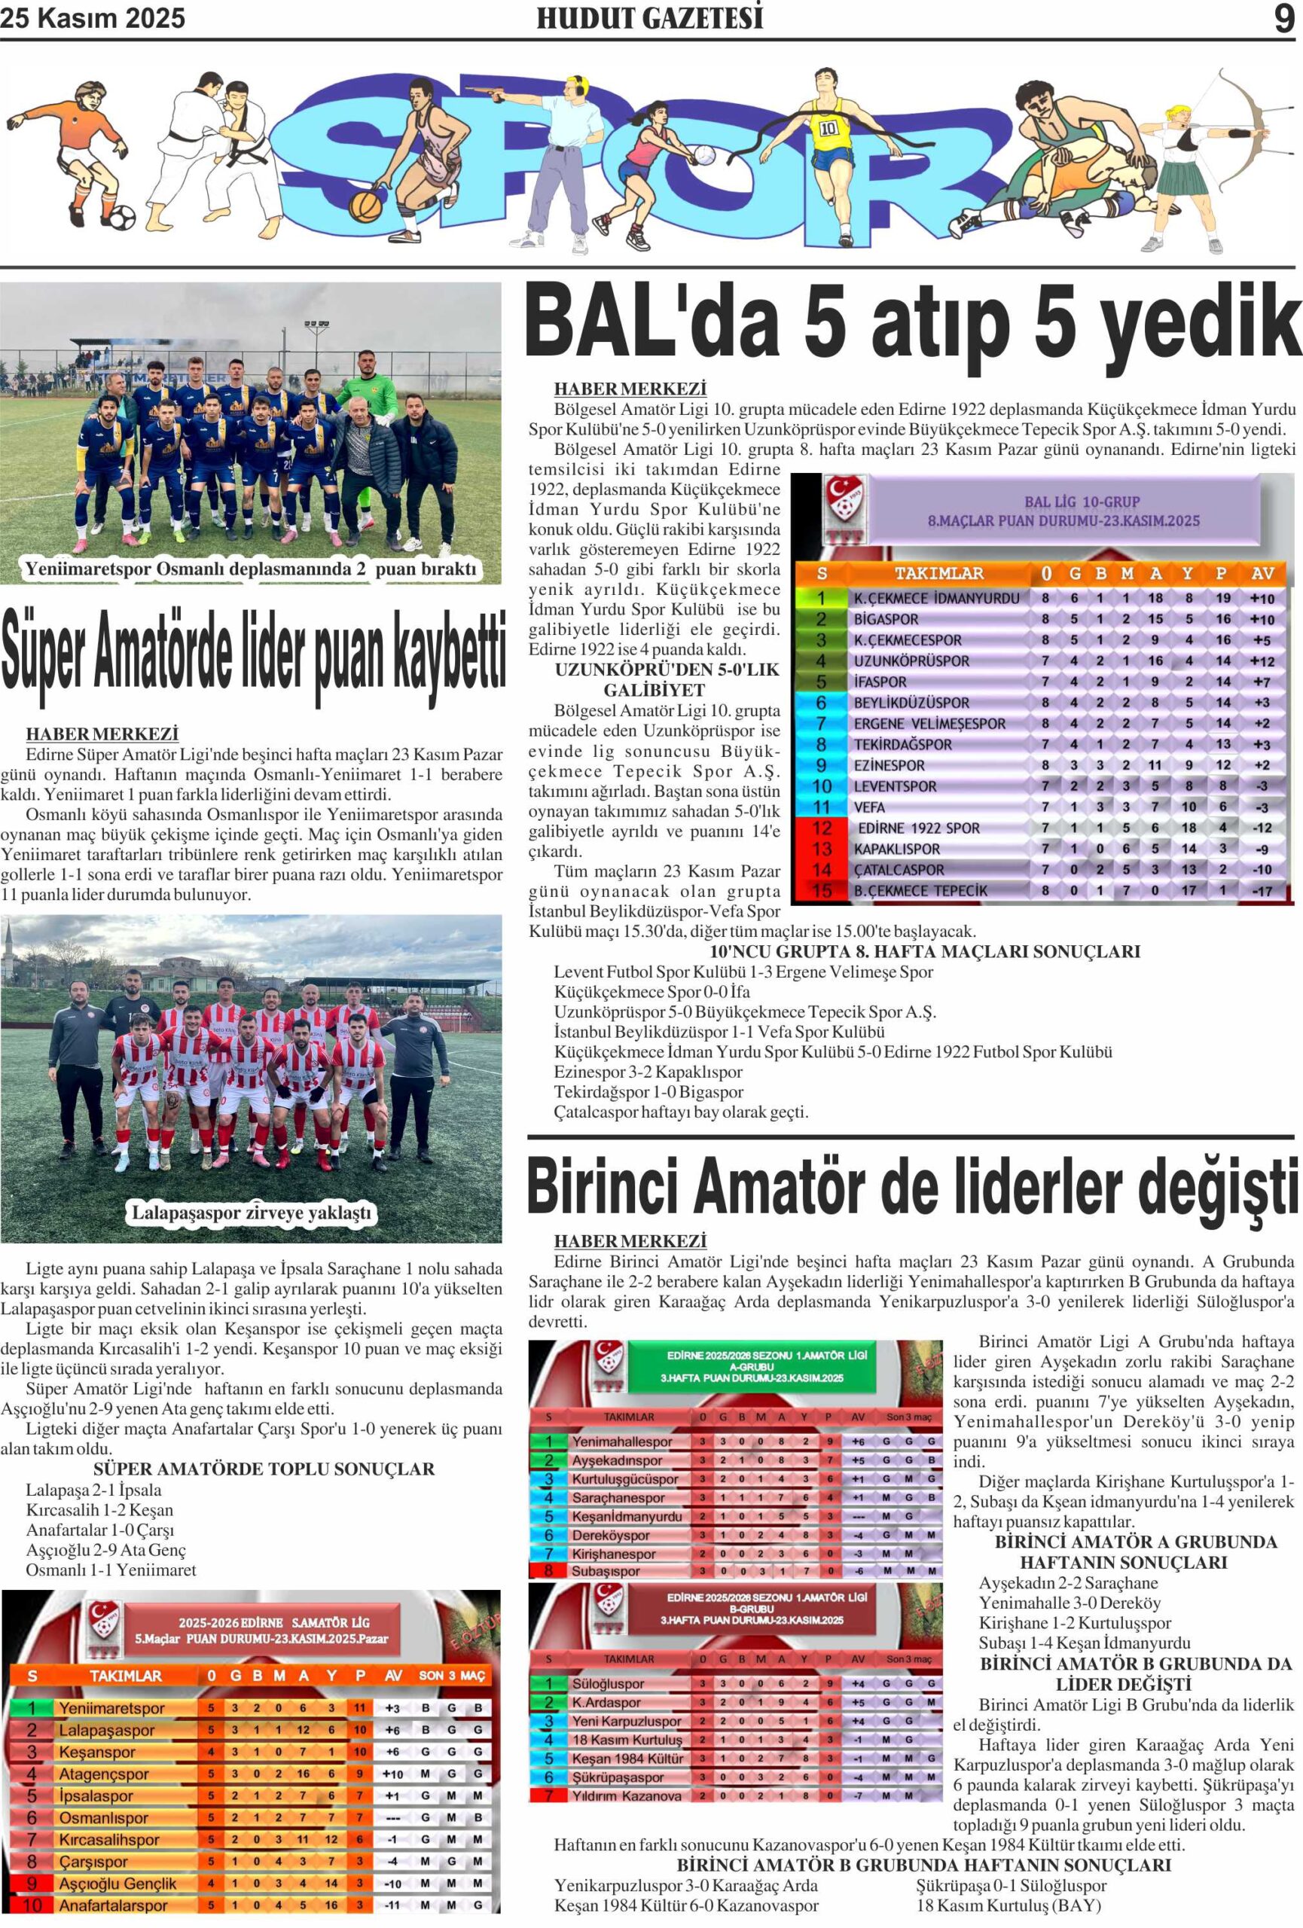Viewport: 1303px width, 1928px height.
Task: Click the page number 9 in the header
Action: click(x=1283, y=18)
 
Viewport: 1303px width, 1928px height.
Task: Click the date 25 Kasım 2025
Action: click(x=93, y=18)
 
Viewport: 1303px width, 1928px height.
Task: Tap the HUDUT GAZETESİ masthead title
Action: click(x=650, y=18)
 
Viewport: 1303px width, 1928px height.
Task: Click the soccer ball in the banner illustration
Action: click(x=121, y=218)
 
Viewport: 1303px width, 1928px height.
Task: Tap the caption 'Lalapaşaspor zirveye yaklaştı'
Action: click(x=252, y=1213)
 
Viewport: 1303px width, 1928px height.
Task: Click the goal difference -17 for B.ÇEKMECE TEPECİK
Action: click(x=1262, y=891)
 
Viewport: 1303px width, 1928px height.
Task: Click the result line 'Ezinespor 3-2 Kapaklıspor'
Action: click(x=648, y=1072)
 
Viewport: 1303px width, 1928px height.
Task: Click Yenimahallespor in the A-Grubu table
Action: click(x=622, y=1441)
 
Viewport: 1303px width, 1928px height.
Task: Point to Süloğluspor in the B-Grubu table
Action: click(x=608, y=1684)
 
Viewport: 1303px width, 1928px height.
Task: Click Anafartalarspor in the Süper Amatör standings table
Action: click(x=113, y=1905)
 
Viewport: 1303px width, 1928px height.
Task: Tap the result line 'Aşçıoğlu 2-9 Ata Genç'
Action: click(x=105, y=1550)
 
